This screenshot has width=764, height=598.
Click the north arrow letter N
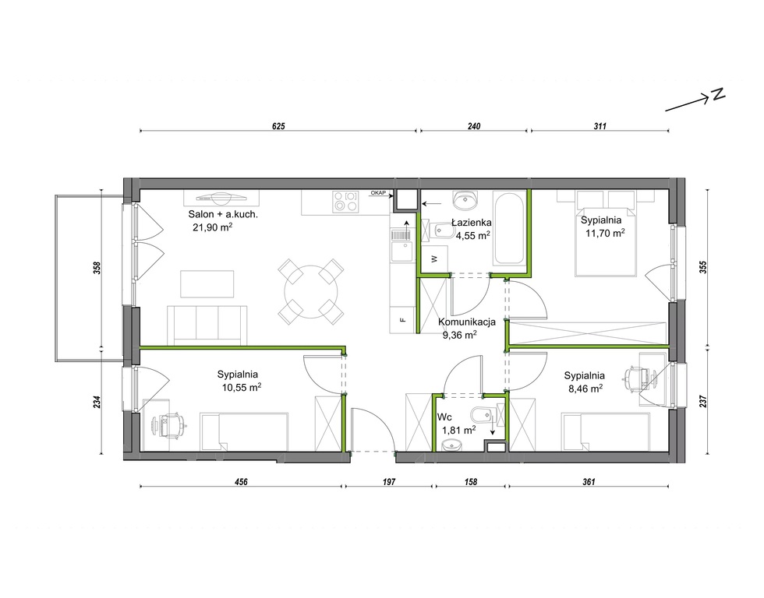point(718,94)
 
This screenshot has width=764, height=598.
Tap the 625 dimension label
point(278,126)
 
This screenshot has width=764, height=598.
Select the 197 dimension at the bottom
point(389,482)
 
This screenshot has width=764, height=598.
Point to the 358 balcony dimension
point(97,268)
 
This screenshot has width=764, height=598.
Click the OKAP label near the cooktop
point(378,193)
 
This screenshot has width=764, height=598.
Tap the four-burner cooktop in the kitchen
point(345,202)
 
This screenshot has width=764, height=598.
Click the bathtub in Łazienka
point(508,228)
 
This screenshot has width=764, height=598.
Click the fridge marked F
point(402,319)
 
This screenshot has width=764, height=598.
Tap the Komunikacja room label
point(467,322)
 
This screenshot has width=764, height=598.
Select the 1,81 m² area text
point(459,430)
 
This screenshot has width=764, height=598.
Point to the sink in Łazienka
point(465,199)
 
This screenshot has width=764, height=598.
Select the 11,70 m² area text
point(605,233)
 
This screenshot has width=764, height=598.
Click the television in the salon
point(221,197)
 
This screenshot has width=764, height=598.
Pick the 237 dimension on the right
point(702,401)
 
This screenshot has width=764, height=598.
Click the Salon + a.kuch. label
point(223,214)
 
